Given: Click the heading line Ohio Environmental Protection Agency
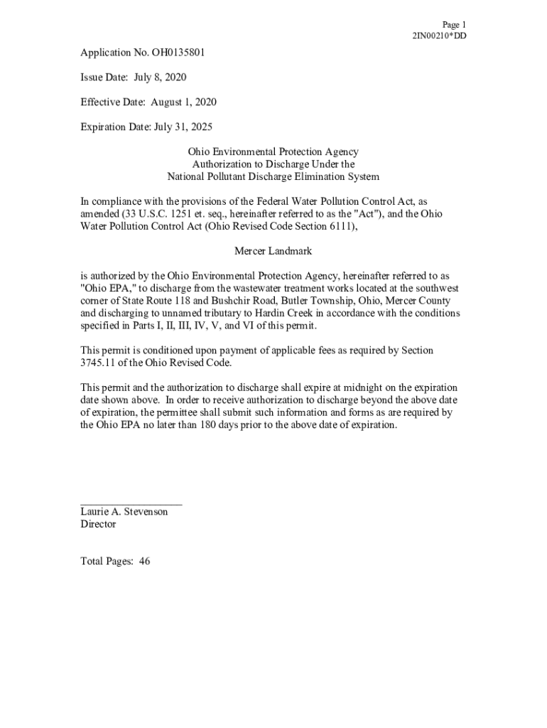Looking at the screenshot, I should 273,152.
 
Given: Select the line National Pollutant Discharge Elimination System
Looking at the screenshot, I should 273,177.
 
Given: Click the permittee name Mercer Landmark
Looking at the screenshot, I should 273,252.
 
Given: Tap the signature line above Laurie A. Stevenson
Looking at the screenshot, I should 131,503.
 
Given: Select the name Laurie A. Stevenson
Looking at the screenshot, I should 124,512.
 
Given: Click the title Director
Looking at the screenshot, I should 98,525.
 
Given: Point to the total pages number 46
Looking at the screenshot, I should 145,562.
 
